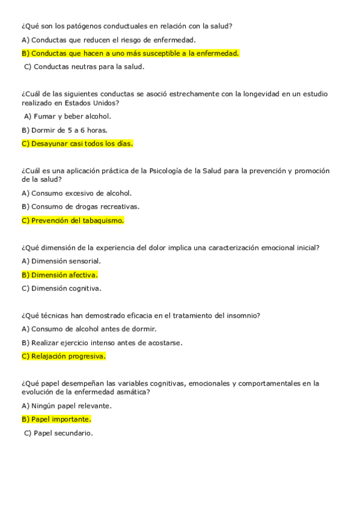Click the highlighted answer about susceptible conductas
click(130, 54)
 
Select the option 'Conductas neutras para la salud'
click(84, 67)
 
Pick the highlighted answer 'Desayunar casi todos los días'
click(77, 144)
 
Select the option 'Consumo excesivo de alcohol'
click(76, 193)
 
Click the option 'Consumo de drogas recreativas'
click(80, 206)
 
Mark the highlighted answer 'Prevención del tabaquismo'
click(73, 220)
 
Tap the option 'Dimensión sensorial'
click(61, 261)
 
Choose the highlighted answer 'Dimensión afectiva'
click(59, 275)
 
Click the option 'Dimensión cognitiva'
click(61, 288)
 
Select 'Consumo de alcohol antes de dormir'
click(89, 329)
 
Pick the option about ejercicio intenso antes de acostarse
click(102, 343)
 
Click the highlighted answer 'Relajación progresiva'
click(64, 356)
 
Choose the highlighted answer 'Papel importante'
click(56, 419)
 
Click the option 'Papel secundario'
click(58, 433)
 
